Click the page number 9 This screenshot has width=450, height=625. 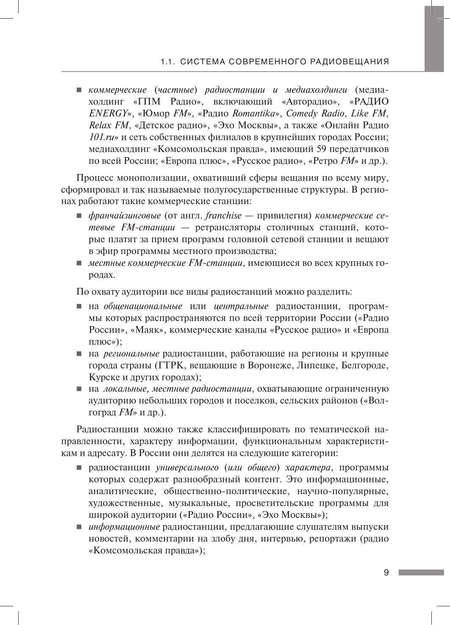coord(386,573)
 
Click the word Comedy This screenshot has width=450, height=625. coord(302,113)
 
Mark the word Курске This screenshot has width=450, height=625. coord(104,377)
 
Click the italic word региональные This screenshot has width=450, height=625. coord(131,354)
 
